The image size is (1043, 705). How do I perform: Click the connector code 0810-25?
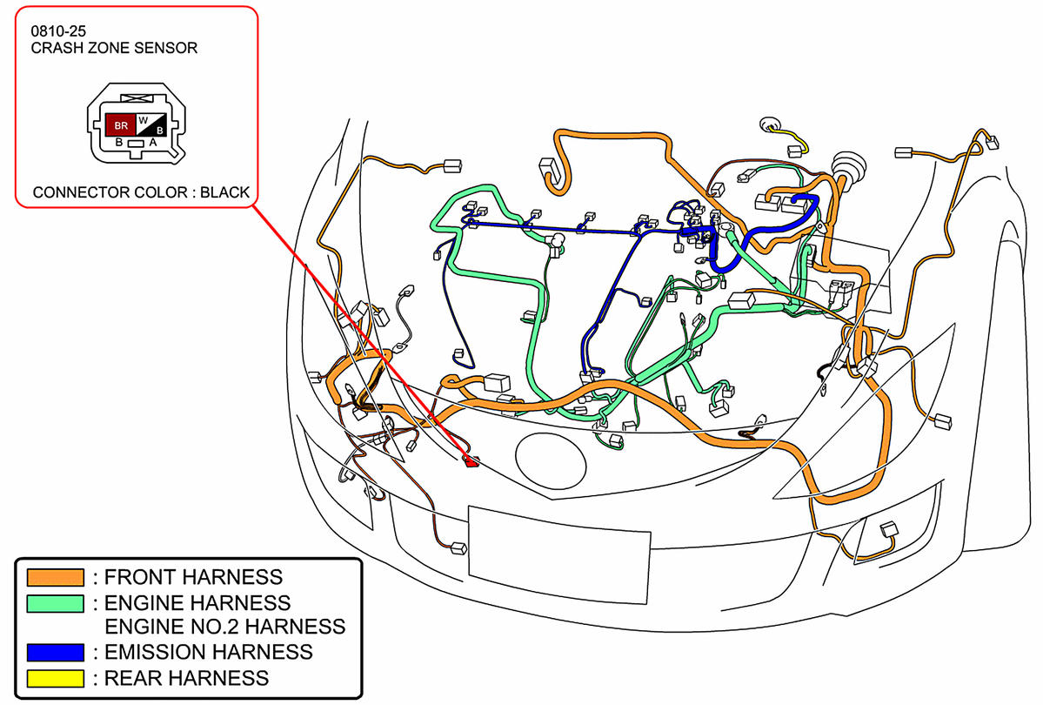click(x=57, y=30)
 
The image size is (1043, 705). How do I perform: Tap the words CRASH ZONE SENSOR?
click(x=114, y=48)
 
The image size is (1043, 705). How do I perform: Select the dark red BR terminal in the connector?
click(x=121, y=125)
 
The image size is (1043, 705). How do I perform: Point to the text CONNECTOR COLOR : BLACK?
click(x=141, y=192)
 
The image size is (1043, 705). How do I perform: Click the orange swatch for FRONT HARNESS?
click(x=56, y=577)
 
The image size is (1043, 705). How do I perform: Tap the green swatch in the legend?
click(x=56, y=602)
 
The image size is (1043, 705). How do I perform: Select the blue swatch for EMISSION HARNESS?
click(x=56, y=652)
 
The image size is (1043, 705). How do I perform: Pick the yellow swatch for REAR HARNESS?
click(x=56, y=677)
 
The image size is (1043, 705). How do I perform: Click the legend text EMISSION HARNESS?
click(x=208, y=652)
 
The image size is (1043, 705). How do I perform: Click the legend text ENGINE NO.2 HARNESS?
click(x=224, y=627)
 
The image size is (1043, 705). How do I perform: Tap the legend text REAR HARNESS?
click(x=186, y=677)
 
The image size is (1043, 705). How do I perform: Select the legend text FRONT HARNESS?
click(x=193, y=577)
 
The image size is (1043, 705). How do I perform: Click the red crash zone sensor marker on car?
click(x=472, y=461)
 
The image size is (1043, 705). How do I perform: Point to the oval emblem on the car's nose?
click(x=549, y=454)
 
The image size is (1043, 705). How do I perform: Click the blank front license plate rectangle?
click(x=559, y=543)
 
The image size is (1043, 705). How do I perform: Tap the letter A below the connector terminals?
click(x=153, y=142)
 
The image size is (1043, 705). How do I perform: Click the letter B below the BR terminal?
click(x=119, y=142)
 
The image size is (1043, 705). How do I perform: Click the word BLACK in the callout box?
click(x=224, y=192)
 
